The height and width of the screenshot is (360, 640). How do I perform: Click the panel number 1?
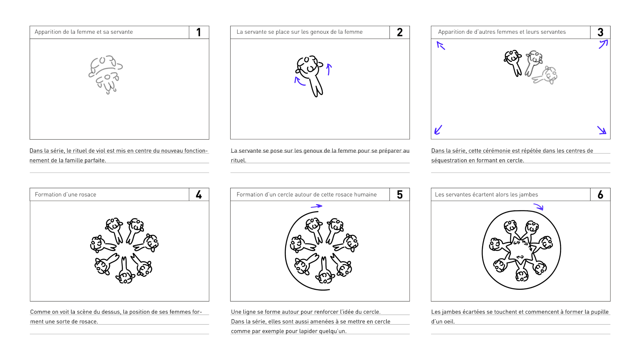(198, 32)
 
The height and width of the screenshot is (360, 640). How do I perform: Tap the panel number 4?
(199, 195)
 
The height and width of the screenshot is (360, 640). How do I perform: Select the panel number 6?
(600, 195)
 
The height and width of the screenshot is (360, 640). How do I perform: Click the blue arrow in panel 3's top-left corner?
(440, 45)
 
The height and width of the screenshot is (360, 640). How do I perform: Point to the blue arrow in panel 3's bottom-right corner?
(602, 130)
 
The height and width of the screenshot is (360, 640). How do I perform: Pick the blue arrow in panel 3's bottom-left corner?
(438, 129)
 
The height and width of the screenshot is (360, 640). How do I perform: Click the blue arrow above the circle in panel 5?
(316, 206)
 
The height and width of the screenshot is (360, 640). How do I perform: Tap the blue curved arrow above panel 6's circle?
(538, 207)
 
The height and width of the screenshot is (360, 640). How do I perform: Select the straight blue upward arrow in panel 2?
(329, 69)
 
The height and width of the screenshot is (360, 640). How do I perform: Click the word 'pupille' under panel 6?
(600, 312)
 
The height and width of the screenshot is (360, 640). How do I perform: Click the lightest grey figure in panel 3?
(545, 75)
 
